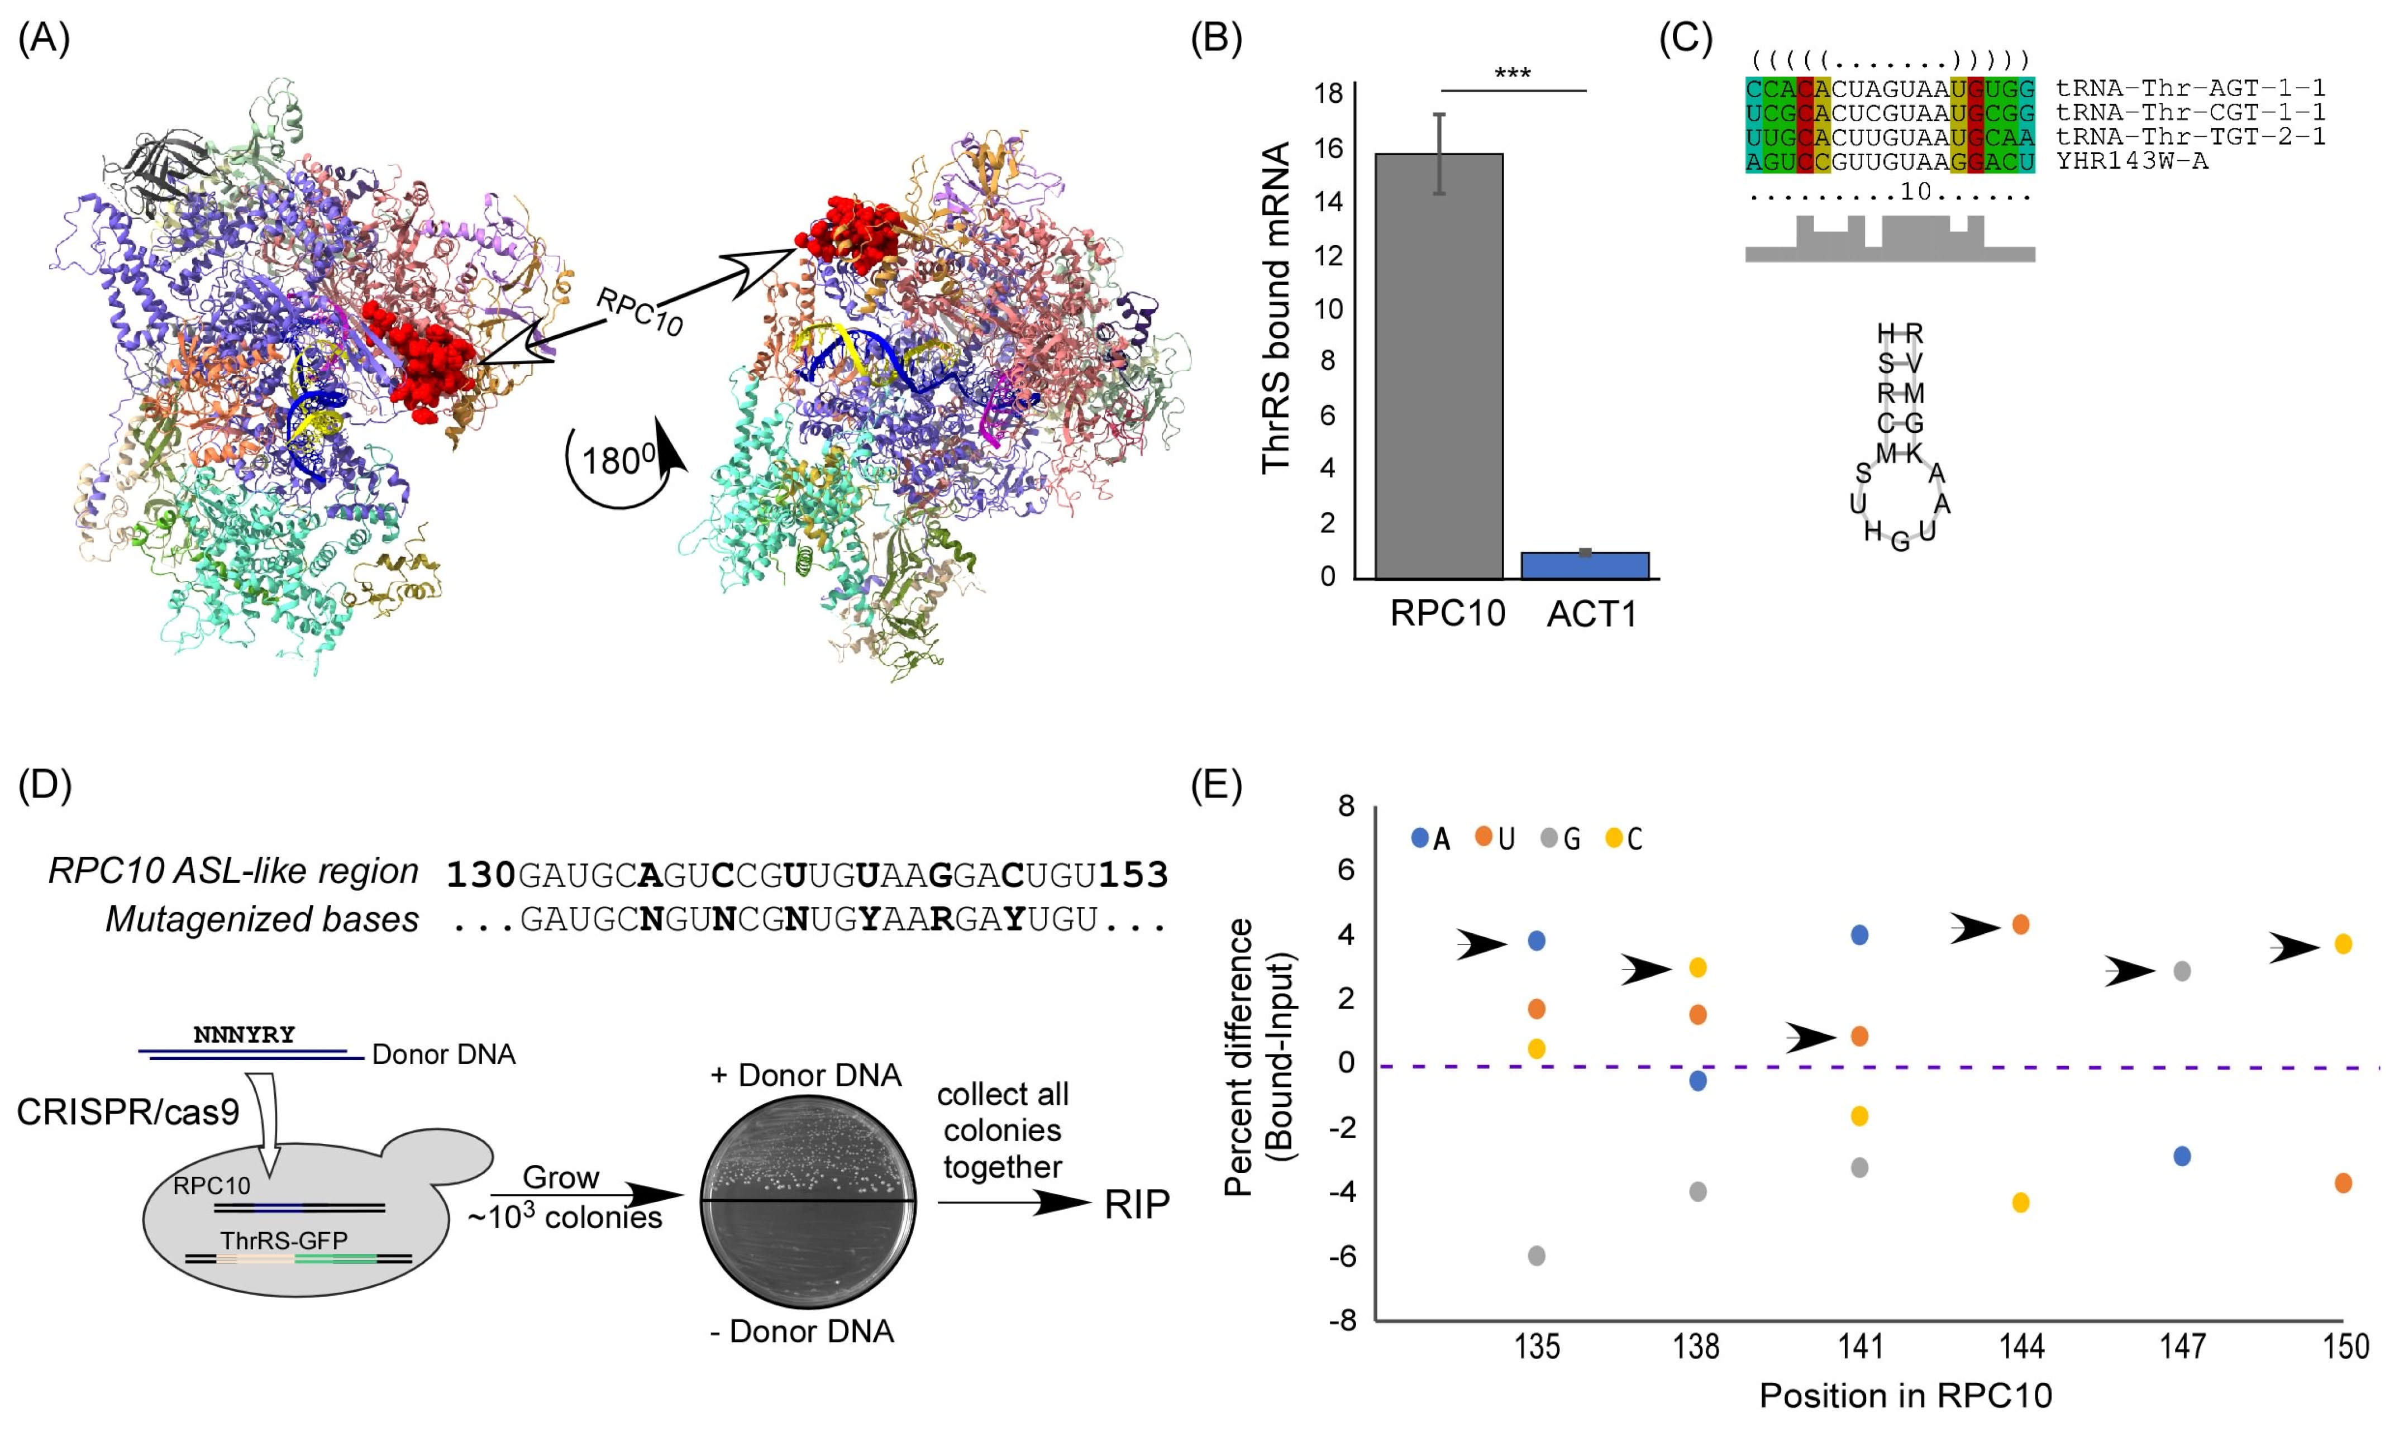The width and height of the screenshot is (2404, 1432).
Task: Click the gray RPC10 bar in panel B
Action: click(x=1438, y=367)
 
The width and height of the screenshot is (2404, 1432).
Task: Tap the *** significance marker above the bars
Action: click(x=1512, y=73)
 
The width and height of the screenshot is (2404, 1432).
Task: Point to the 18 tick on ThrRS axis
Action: click(x=1329, y=94)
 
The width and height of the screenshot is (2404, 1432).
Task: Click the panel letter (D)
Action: click(x=44, y=785)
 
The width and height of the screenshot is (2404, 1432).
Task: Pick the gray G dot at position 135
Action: click(x=1537, y=1256)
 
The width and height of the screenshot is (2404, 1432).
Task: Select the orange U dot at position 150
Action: click(x=2342, y=1183)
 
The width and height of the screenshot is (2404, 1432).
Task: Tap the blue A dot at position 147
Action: click(x=2181, y=1156)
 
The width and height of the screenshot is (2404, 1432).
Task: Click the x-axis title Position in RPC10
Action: click(x=1905, y=1395)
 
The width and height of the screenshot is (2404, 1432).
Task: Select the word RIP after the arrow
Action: click(x=1136, y=1204)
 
